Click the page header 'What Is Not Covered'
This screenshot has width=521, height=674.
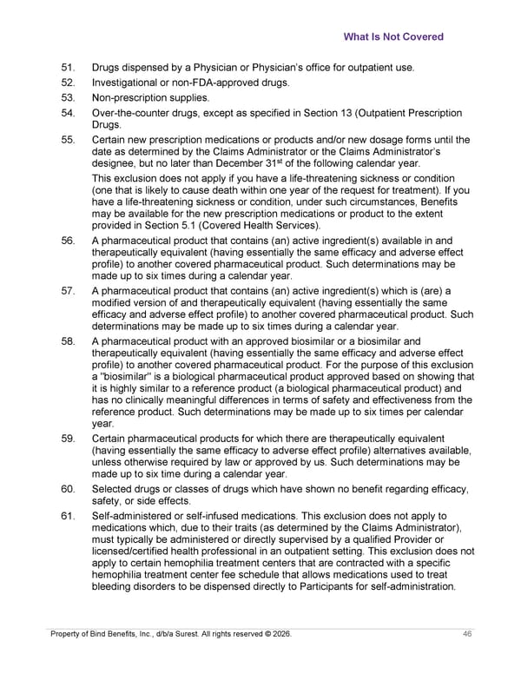pyautogui.click(x=393, y=37)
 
